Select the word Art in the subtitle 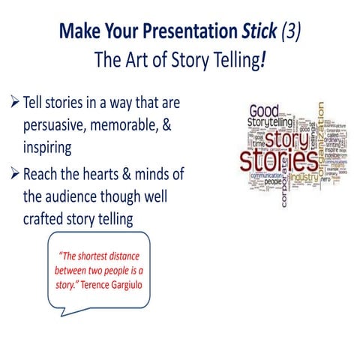pyautogui.click(x=138, y=60)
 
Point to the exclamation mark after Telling pyautogui.click(x=263, y=60)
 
